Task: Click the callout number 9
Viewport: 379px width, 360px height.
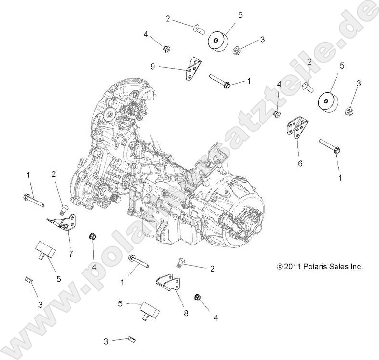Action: point(153,67)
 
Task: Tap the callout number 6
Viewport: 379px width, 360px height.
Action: point(300,163)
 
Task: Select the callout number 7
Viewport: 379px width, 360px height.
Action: point(70,253)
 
